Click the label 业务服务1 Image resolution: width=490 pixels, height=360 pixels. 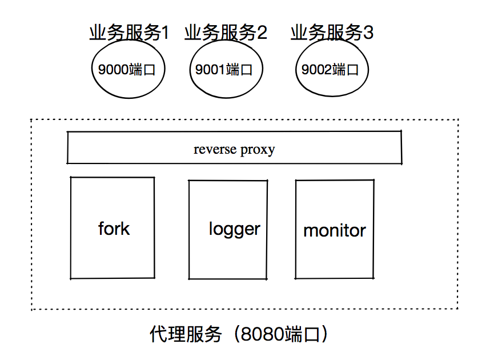coord(129,33)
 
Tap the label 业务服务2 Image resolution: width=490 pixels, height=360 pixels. coord(226,33)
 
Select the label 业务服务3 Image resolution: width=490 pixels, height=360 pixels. coord(332,33)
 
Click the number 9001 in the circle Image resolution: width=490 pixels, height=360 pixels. coord(210,70)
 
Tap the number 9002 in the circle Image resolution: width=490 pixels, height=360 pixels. coord(316,70)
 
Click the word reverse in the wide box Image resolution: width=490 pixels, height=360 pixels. coord(215,150)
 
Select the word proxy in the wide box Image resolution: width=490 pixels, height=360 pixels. coord(258,150)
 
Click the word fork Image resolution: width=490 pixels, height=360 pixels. coord(114,229)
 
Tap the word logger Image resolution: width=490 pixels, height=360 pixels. coord(234,230)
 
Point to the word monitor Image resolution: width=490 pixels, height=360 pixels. coord(334,231)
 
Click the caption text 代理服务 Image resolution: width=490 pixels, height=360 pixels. coord(186,334)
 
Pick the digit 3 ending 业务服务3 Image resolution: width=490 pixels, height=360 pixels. coord(368,33)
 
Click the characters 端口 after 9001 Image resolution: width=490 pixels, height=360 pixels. coord(239,70)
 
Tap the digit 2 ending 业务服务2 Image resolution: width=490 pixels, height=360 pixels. coord(262,33)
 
